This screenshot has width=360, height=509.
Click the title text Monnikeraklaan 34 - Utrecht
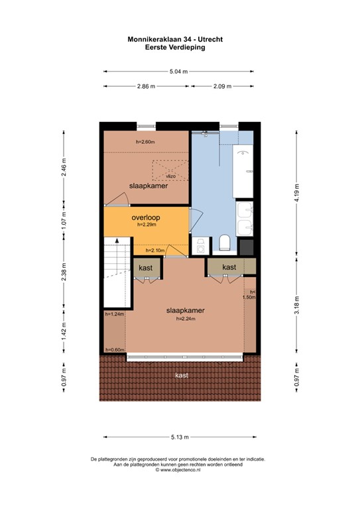coord(175,40)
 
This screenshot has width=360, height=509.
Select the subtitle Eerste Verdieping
coord(175,48)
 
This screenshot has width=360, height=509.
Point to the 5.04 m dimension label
coord(178,71)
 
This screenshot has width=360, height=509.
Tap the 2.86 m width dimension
coord(146,86)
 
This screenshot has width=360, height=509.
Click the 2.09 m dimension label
coord(221,86)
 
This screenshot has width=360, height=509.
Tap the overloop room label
coord(147,217)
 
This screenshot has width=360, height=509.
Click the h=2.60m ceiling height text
coord(145,142)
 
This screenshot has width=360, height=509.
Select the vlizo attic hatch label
coord(170,176)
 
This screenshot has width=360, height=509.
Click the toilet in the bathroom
coord(224,243)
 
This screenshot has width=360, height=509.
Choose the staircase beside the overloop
coord(115,272)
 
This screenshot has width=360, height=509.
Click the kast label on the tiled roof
coord(180,376)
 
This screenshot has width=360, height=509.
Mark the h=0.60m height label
coord(115,350)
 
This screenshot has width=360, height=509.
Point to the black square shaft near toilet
coord(246,247)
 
